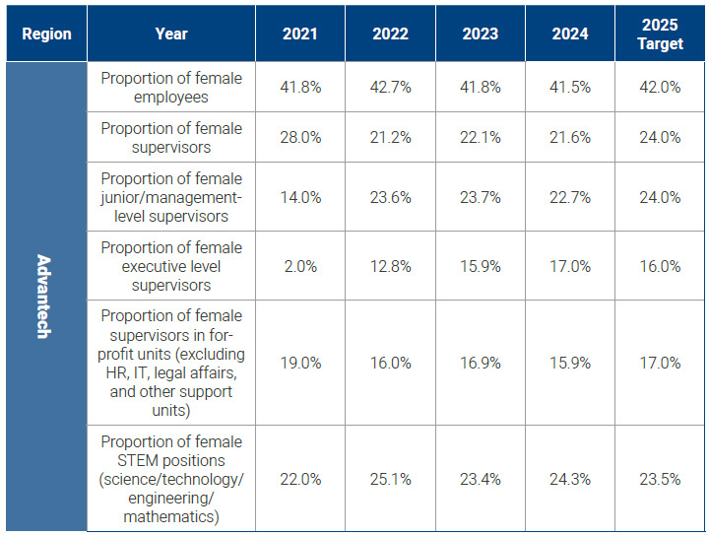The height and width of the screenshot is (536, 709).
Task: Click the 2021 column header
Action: [300, 33]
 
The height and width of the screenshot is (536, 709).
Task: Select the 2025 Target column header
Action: [660, 33]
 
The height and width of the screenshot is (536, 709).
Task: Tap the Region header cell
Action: [46, 33]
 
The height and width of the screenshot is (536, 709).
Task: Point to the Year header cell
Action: [170, 33]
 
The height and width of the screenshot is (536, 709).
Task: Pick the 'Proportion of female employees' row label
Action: [170, 88]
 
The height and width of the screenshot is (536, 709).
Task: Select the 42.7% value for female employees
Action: [391, 88]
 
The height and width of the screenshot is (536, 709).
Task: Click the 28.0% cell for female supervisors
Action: [300, 138]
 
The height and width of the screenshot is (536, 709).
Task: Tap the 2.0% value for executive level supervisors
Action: [300, 266]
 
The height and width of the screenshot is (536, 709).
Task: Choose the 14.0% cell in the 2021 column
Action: [300, 197]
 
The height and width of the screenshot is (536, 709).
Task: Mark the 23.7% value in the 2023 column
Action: [481, 197]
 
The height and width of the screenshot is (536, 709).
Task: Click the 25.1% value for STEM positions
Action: [391, 479]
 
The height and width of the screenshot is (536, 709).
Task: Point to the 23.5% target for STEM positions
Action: [660, 479]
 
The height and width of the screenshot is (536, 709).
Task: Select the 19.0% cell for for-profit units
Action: [300, 363]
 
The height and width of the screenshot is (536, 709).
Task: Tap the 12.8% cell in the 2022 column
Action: [391, 266]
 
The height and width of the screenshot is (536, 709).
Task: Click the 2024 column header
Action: [571, 33]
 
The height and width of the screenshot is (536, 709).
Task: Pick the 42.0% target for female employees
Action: [660, 88]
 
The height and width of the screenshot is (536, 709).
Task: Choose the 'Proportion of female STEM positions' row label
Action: [170, 479]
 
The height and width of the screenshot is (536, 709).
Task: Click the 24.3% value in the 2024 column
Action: [571, 479]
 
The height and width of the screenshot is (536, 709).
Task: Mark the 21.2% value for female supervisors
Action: [391, 138]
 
